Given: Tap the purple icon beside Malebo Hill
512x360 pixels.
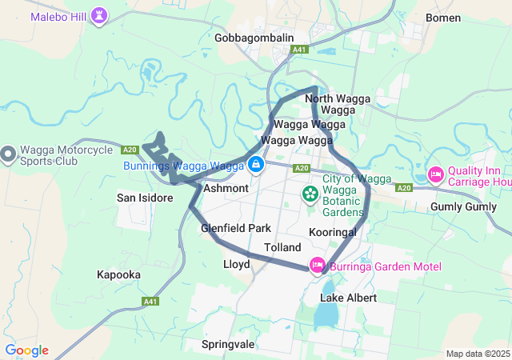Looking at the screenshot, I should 98,15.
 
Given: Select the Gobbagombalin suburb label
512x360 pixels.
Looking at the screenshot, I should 254,38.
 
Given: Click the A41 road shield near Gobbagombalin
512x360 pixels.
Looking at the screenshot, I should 299,50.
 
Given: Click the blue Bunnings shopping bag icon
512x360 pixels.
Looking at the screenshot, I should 255,166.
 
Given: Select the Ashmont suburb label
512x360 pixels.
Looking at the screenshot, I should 226,189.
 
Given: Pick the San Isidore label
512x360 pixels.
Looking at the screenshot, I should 145,198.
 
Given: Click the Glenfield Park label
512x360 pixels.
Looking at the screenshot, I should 236,228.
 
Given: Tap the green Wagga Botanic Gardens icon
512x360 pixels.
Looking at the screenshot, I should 310,194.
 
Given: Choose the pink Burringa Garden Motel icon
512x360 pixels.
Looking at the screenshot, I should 317,265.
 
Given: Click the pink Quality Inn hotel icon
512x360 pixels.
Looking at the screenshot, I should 436,174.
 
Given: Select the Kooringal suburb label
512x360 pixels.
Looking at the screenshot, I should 332,231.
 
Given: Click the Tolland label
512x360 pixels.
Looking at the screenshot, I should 282,248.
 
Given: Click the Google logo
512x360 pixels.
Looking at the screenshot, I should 26,350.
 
